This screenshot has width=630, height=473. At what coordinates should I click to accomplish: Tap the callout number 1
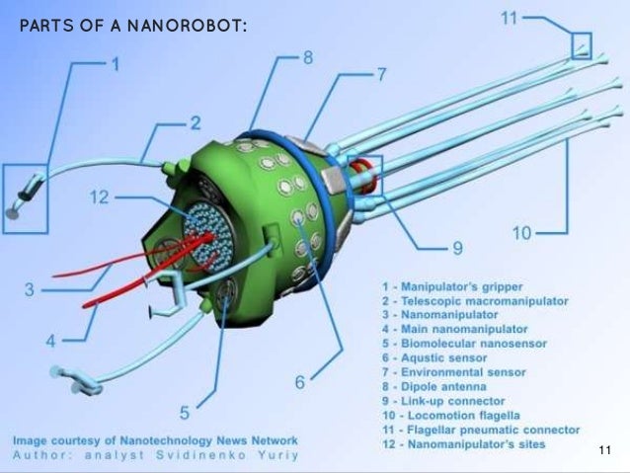tap(115, 66)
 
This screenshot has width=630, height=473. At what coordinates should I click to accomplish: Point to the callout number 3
tap(31, 289)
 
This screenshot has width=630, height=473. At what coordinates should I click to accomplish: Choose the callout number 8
tap(308, 58)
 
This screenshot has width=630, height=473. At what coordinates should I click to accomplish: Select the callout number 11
tap(508, 18)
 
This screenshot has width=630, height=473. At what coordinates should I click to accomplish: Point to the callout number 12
tap(98, 197)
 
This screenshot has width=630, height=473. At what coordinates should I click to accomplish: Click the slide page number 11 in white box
tap(605, 451)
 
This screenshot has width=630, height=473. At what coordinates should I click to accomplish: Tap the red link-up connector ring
tap(366, 175)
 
